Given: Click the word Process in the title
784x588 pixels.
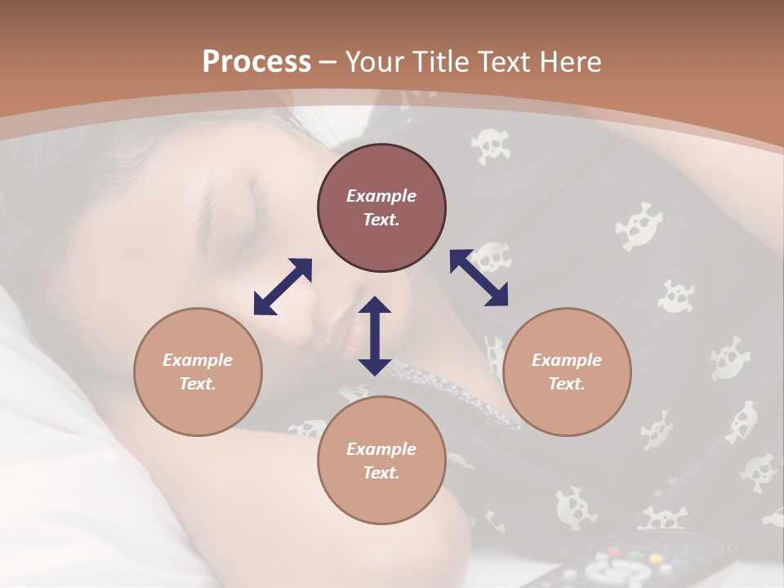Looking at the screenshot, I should point(256,62).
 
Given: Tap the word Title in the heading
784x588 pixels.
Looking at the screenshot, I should point(438,62).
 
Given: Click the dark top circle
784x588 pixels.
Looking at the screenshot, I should point(381,208).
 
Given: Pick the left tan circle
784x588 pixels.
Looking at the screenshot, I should point(198,372).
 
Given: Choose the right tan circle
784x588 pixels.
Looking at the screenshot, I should point(567,372).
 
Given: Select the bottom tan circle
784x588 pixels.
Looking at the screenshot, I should point(381,461).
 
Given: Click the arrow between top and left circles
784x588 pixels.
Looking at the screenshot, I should point(283,286).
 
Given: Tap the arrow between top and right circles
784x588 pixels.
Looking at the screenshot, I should point(479,278).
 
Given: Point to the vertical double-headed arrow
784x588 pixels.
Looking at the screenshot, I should point(375,336).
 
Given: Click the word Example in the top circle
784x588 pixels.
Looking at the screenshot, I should point(381,196).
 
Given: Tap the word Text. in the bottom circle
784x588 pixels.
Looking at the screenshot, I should point(381,473).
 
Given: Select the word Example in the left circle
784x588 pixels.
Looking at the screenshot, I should point(198,360).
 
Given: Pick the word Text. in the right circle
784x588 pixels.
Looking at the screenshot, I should point(567,384).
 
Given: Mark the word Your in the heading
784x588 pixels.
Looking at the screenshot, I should point(372,62).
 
